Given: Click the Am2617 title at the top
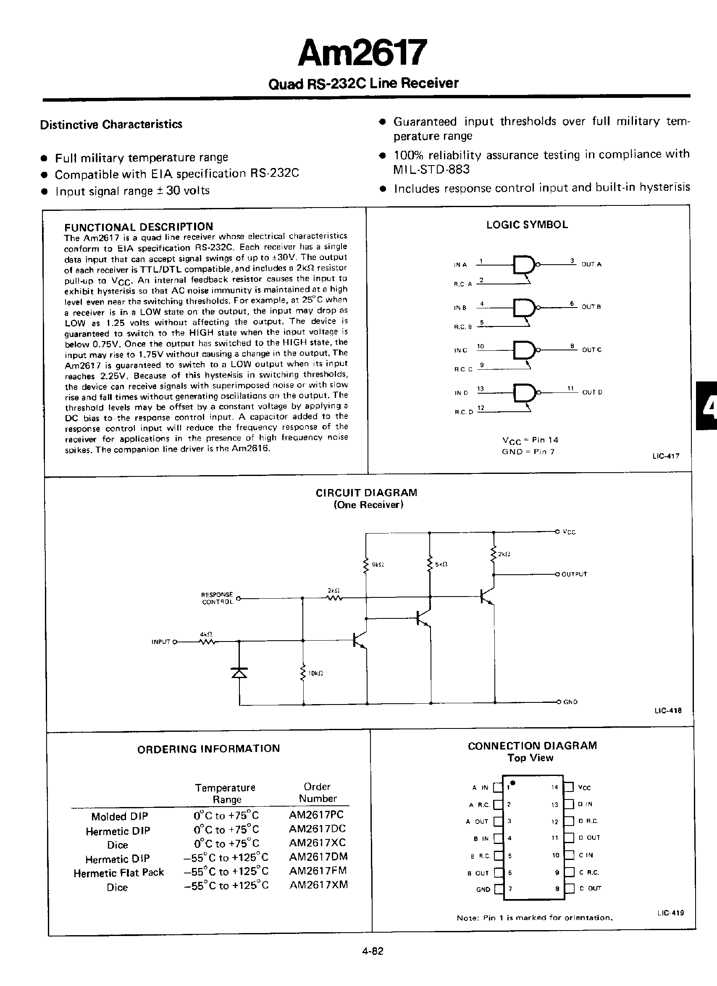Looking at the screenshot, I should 362,53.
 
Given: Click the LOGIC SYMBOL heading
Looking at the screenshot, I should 527,225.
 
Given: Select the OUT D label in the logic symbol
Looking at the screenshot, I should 592,392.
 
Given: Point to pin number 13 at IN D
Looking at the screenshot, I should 481,389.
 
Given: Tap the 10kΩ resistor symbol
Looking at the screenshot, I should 303,673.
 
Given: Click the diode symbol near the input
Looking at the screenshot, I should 239,673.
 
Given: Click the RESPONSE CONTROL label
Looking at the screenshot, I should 217,598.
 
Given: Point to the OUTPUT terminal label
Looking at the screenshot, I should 574,574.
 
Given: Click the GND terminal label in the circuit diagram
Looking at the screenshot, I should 570,702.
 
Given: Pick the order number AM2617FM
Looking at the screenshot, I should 318,871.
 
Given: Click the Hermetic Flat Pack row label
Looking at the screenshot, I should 118,873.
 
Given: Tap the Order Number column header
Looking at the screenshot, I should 317,792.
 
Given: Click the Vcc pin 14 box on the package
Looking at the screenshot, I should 569,787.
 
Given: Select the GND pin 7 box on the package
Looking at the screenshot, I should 499,889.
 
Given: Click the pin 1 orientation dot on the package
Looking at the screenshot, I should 513,783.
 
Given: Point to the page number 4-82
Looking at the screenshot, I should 373,951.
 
